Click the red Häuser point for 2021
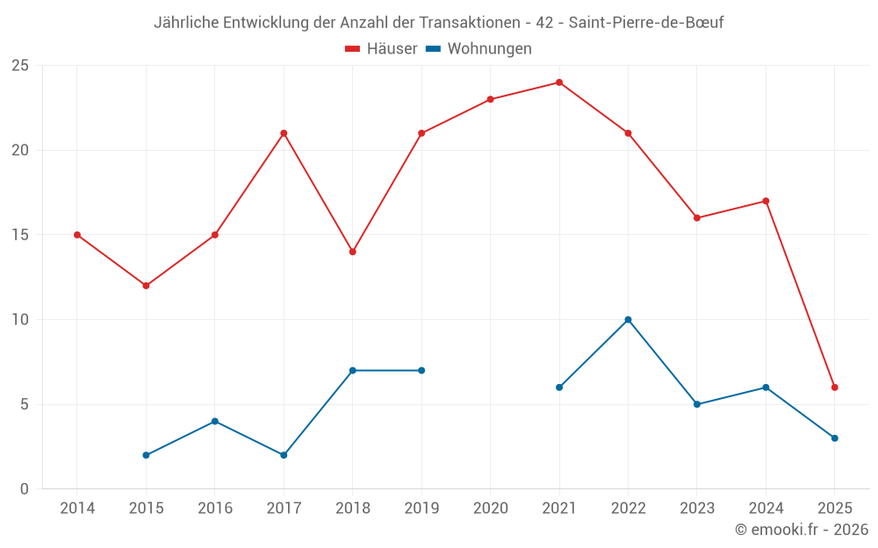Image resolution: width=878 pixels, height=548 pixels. pos(559,82)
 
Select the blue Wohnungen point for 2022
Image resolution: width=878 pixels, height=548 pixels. pos(628,319)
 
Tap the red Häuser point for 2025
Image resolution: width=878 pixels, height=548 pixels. pos(835,388)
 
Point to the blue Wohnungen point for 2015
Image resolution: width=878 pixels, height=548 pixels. pos(146,455)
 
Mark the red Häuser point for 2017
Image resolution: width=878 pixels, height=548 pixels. pos(284,133)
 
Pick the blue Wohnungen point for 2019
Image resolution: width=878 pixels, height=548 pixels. pos(421,370)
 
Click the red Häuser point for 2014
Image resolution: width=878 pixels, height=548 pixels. pos(77,235)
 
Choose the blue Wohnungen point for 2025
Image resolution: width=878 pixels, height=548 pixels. pos(835,438)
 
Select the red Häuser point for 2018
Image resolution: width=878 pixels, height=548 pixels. pos(352,252)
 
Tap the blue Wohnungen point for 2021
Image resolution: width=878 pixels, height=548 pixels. pos(559,388)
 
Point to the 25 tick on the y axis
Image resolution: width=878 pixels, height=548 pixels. pos(20,66)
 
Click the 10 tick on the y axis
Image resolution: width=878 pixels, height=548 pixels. pos(20,320)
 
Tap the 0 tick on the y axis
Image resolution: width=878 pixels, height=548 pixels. pos(25,489)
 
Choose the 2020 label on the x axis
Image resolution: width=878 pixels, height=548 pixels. pos(490,509)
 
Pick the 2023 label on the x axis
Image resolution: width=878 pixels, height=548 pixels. pos(697,509)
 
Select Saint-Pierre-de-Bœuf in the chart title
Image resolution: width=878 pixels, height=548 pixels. pos(646,23)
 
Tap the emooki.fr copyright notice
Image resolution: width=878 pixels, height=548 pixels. pos(802,530)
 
